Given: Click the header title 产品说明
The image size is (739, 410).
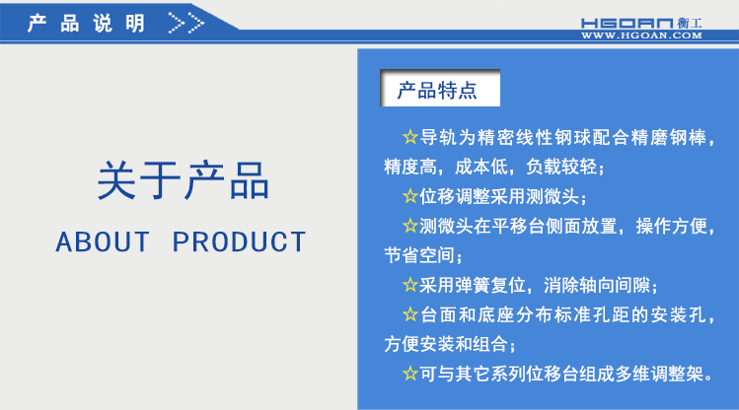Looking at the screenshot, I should point(87,23).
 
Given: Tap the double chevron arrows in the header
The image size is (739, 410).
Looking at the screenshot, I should point(186,23).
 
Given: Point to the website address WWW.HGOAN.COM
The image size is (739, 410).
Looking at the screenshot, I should point(641,35).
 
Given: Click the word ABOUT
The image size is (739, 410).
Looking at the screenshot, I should point(103,241).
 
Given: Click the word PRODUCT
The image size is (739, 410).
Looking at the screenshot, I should point(240,241).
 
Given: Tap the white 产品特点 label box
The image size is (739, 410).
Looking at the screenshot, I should point(437,91).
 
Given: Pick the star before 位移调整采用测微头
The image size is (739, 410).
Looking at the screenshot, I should point(410,196).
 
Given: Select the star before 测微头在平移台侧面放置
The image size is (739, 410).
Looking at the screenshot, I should point(410,226).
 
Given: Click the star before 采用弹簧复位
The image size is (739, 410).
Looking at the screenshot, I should point(410,286).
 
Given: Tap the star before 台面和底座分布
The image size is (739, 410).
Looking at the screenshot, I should point(410,315).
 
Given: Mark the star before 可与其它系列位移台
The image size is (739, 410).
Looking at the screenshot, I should point(410,375).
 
